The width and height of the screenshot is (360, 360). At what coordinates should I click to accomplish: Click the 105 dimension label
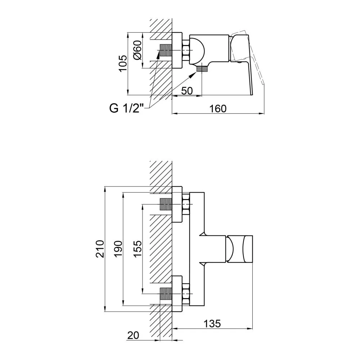pos(123,63)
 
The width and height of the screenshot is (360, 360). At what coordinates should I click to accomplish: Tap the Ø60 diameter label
pos(138,50)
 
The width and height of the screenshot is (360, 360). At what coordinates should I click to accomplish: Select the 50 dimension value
pos(187,91)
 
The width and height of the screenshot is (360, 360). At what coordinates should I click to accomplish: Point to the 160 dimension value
pos(218,109)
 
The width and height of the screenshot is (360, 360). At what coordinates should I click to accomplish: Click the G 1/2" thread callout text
pos(126,108)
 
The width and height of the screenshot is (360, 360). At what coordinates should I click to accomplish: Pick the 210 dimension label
pos(100,249)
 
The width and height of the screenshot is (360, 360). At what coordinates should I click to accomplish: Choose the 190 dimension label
pos(118,249)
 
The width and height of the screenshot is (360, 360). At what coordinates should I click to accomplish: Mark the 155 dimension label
pos(138,249)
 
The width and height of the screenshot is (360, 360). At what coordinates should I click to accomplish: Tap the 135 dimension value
pos(212,324)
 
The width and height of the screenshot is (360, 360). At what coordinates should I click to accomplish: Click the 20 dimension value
pos(133,336)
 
